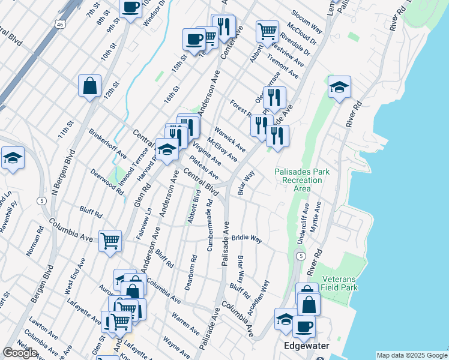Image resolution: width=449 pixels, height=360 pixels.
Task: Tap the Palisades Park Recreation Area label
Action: tap(302, 180)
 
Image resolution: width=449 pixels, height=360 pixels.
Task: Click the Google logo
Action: tap(20, 353)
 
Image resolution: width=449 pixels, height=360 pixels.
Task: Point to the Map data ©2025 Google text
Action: tap(411, 355)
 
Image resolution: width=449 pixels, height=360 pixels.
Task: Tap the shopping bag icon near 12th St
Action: tap(89, 85)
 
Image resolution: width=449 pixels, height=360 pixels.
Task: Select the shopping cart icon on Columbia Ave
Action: tap(110, 241)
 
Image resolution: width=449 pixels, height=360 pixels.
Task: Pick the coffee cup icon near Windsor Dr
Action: tap(130, 7)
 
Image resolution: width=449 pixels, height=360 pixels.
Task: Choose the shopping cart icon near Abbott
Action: tap(267, 31)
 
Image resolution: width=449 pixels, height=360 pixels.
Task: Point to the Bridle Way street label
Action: tap(247, 239)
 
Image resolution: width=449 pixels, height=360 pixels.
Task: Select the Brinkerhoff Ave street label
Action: tap(107, 142)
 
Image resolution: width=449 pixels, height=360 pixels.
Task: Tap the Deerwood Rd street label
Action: tap(107, 182)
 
